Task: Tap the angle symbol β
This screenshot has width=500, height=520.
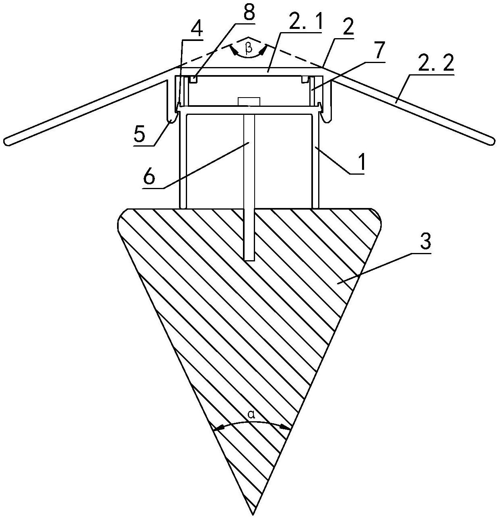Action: (249, 49)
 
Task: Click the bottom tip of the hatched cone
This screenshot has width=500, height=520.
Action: (253, 514)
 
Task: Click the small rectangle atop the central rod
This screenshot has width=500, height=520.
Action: (249, 101)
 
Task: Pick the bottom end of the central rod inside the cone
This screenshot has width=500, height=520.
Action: (250, 260)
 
